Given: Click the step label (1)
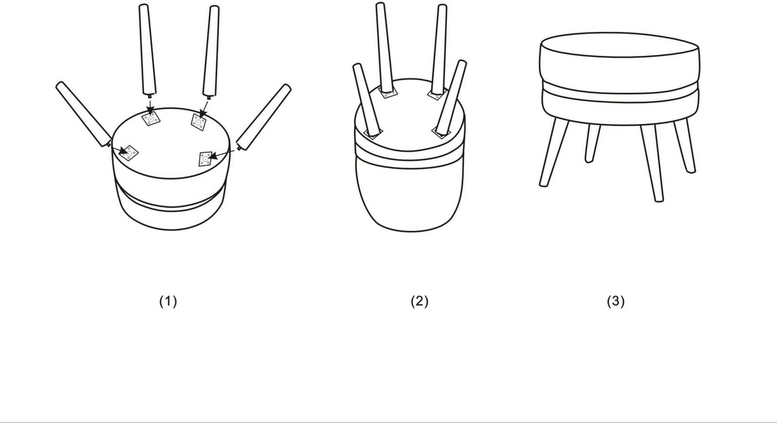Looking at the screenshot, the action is click(168, 301).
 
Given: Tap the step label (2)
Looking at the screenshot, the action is click(420, 301).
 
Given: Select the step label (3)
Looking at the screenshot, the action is click(616, 301).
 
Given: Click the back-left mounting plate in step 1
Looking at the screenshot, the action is click(151, 119).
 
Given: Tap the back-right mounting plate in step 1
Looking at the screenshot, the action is click(199, 122).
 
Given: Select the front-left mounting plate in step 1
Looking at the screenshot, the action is click(129, 153).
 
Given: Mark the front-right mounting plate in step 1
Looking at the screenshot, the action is click(206, 159).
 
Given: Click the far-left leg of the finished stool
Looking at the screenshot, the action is click(554, 153).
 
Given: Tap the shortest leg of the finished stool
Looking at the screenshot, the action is click(593, 143).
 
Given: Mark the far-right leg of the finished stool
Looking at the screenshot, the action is click(685, 146).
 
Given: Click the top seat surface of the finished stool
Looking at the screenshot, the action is click(620, 45).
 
